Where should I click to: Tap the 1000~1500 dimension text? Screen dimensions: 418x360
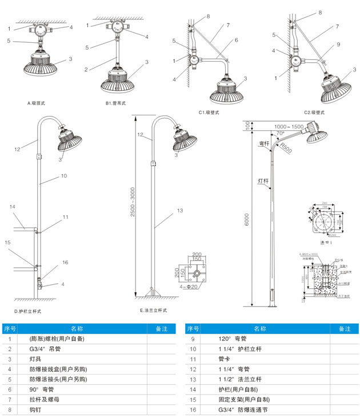(289, 126)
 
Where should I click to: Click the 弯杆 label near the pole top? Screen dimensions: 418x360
(264, 143)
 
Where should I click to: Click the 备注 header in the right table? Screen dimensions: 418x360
(343, 328)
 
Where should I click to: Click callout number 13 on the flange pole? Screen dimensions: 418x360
(179, 211)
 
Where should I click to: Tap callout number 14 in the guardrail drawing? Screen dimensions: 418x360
(13, 206)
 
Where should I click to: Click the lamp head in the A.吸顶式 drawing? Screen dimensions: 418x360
(40, 64)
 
